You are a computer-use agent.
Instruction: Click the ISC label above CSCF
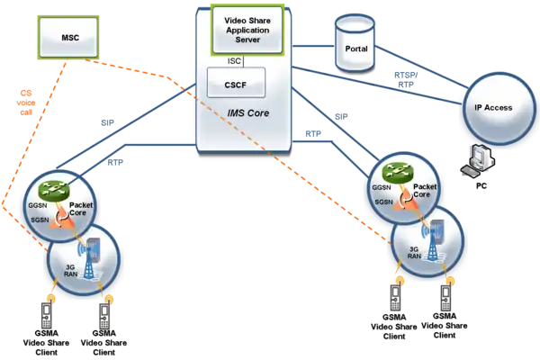tap(234, 60)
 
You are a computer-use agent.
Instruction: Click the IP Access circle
tap(492, 107)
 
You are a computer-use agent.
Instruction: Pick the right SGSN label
tap(382, 202)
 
